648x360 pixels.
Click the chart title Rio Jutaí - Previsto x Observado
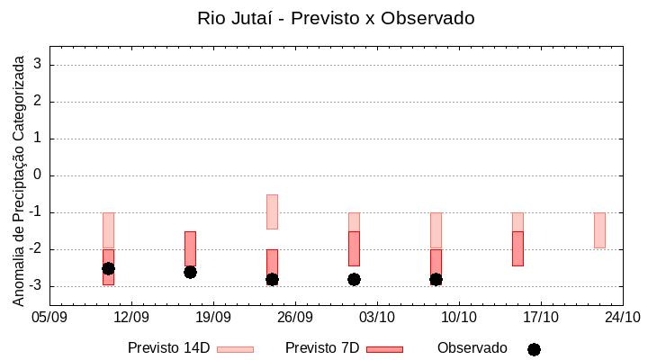(336, 18)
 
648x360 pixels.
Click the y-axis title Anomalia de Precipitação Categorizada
(19, 178)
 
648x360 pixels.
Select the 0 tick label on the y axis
(39, 175)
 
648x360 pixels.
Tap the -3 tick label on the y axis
(36, 286)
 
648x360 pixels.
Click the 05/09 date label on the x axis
(49, 317)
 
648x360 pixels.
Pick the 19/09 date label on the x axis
(213, 317)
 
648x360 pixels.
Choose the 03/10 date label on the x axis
(377, 317)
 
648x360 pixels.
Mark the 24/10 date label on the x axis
(623, 317)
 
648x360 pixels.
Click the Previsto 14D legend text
(168, 348)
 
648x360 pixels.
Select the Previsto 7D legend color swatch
(384, 349)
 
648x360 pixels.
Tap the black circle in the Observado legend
(534, 349)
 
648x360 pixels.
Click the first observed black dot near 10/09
(108, 268)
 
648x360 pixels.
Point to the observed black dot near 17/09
(190, 272)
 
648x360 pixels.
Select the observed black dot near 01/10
(354, 279)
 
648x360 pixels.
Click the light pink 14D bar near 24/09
(272, 211)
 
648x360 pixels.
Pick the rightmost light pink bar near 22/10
(599, 230)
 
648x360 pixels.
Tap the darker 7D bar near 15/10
(517, 248)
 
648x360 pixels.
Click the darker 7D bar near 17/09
(190, 247)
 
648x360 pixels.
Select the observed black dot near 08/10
(436, 279)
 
